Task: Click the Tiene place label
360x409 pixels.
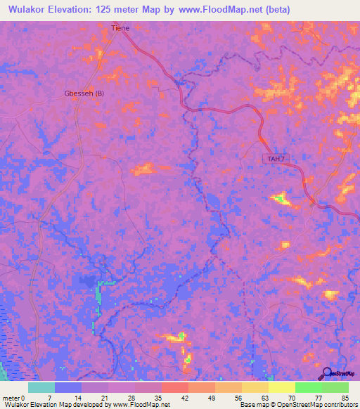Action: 120,28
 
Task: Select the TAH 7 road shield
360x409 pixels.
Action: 276,159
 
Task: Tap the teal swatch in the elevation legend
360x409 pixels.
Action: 41,387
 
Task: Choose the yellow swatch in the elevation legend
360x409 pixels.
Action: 281,387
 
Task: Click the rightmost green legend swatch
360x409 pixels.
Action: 335,387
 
